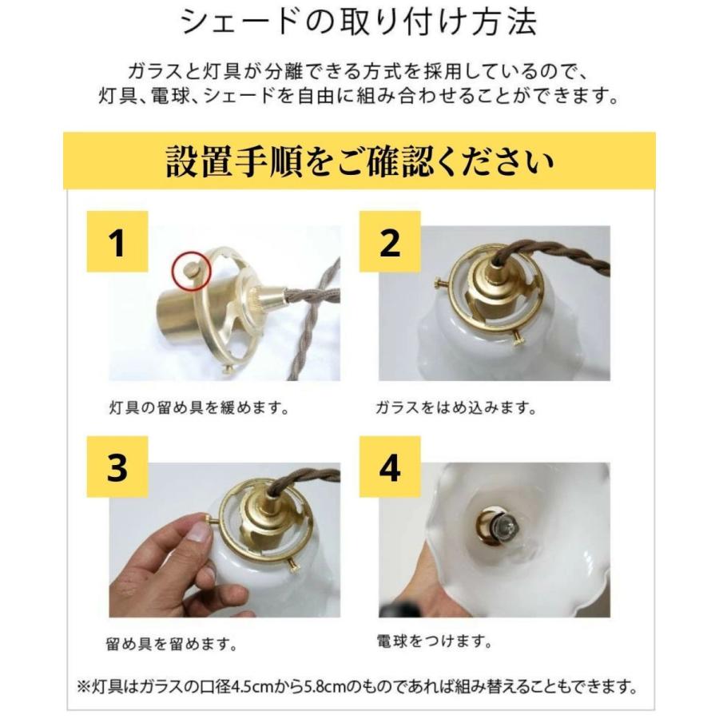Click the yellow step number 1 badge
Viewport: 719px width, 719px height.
117,243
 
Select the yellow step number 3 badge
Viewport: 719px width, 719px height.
117,469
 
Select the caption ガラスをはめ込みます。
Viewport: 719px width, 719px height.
455,408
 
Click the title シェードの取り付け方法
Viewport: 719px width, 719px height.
359,22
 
